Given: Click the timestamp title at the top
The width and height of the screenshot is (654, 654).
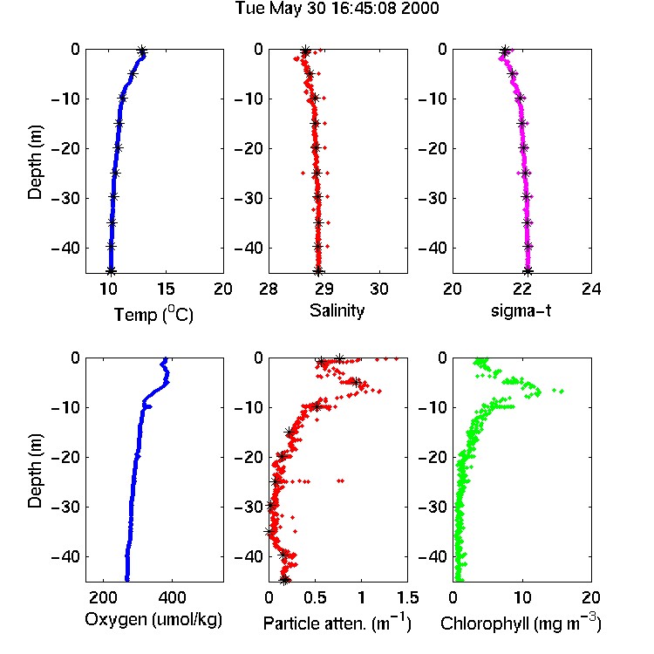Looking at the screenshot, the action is (x=337, y=9).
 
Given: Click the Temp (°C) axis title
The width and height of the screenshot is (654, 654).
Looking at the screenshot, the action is (x=153, y=314).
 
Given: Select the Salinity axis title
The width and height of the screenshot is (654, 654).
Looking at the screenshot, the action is (x=337, y=310).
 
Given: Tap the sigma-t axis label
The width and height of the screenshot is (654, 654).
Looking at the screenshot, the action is (x=521, y=310).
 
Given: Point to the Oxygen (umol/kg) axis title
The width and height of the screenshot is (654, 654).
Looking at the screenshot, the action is (x=153, y=620).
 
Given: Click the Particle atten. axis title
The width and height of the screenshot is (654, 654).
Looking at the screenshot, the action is (x=337, y=623).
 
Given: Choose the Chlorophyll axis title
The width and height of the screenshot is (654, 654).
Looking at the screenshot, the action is (x=521, y=623).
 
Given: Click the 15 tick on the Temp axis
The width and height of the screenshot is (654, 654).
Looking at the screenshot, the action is (x=166, y=289).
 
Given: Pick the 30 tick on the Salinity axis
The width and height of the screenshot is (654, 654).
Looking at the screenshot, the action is (x=379, y=289).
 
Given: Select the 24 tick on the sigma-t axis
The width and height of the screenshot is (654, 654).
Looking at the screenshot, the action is (x=591, y=289).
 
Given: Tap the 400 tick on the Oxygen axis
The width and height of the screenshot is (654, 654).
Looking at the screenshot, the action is (x=172, y=597).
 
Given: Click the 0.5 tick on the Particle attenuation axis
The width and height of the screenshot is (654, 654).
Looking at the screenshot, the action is (x=315, y=597).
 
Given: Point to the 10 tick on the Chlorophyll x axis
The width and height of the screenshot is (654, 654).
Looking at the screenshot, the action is (x=522, y=597).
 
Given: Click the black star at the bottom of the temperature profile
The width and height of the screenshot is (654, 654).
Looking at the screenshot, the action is (x=111, y=271).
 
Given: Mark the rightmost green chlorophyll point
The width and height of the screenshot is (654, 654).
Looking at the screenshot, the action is (x=562, y=392).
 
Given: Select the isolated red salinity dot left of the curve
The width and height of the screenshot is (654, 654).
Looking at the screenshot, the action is (x=303, y=173).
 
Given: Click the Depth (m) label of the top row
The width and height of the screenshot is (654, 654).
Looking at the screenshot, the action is (x=35, y=162).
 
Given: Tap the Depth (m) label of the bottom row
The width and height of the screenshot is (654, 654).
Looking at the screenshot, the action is (x=35, y=471).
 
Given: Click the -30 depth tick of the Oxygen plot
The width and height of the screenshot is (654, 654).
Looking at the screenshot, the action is (x=65, y=507).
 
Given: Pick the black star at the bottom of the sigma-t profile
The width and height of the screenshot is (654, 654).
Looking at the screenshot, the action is (x=528, y=271).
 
